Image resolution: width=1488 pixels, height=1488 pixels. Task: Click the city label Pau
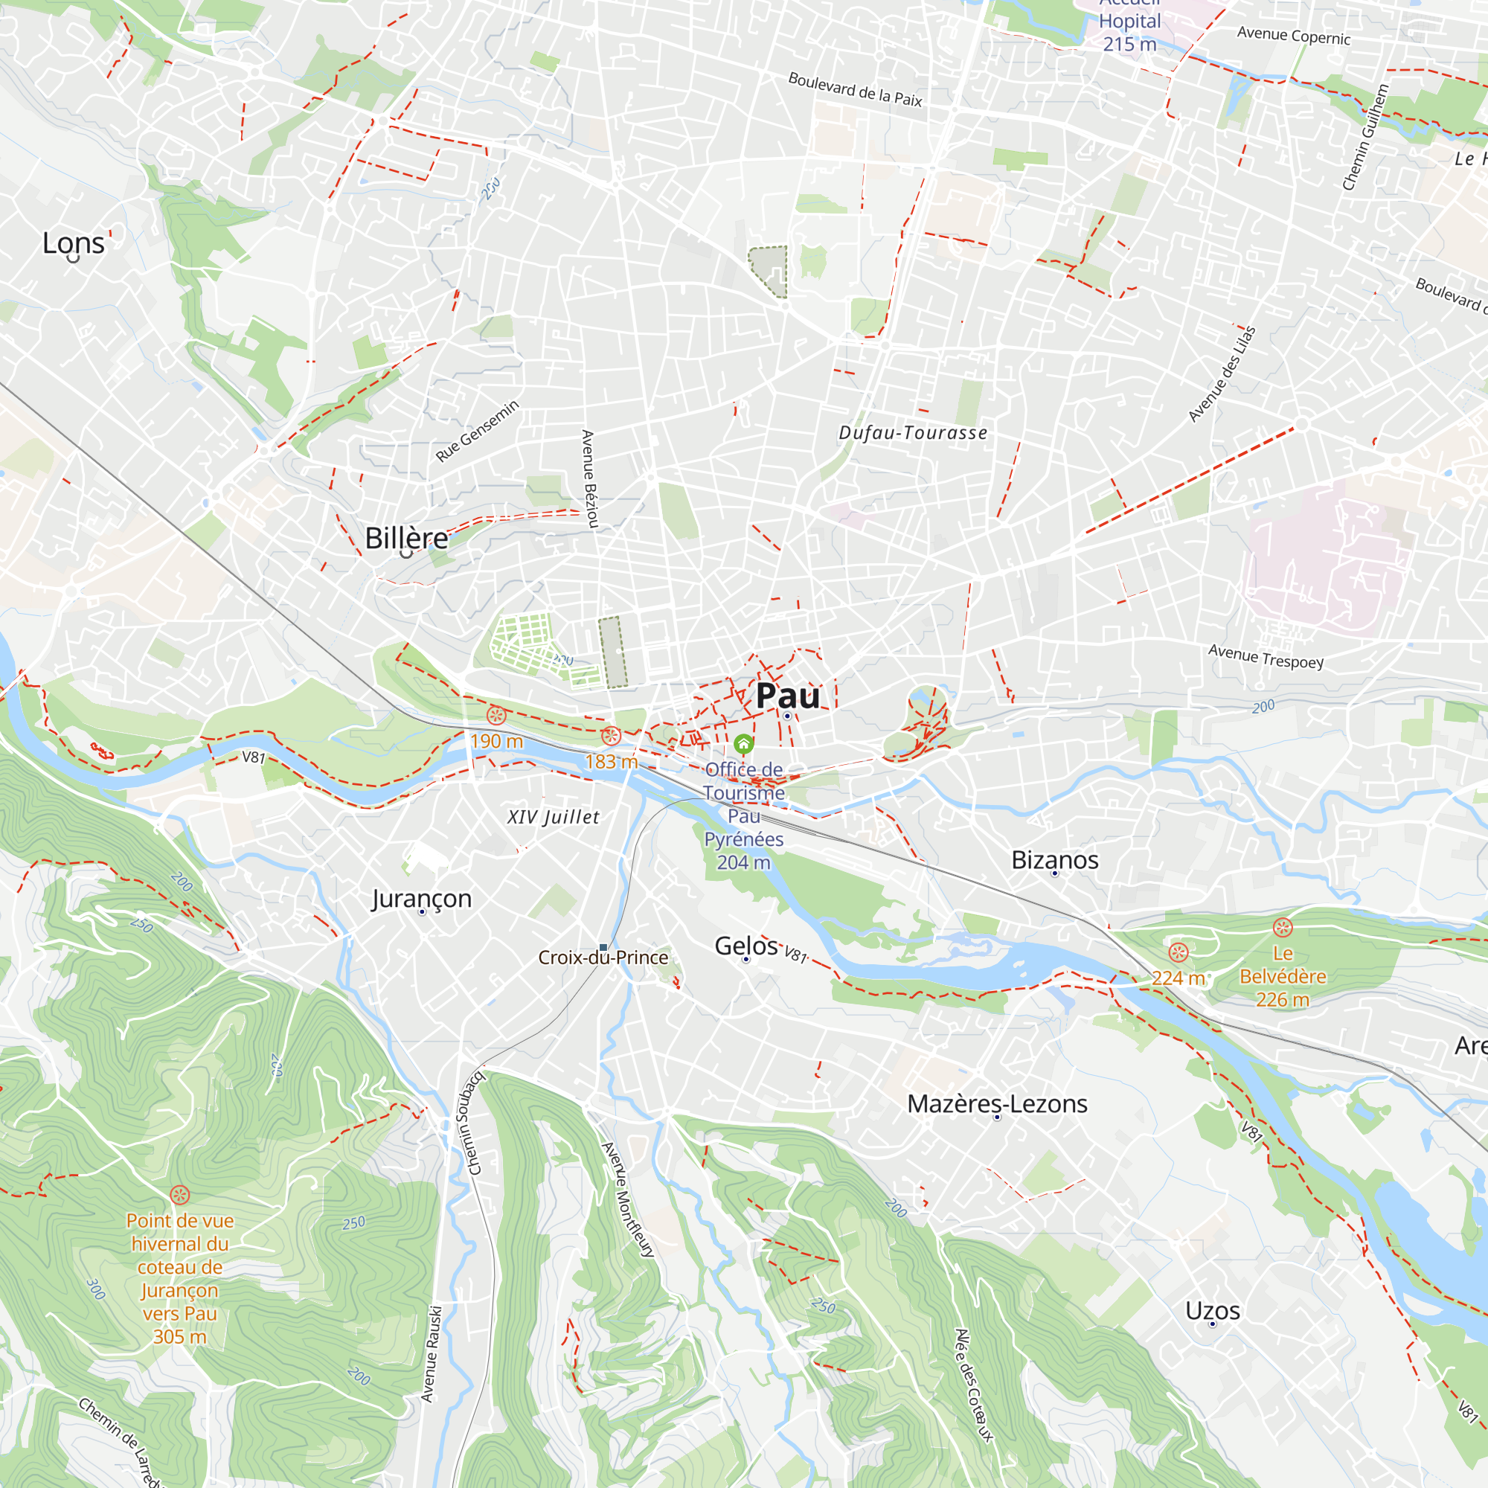(x=787, y=696)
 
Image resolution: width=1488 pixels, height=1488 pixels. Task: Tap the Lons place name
(x=73, y=243)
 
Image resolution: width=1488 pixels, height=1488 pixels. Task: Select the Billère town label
(x=406, y=539)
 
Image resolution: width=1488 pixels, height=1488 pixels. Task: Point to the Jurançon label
(x=421, y=898)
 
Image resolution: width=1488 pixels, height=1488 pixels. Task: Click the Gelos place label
(x=745, y=946)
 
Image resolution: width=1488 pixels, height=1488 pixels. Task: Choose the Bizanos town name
(x=1054, y=859)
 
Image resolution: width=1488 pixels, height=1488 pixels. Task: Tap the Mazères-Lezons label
(x=997, y=1103)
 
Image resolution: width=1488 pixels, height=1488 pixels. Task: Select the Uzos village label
(x=1212, y=1311)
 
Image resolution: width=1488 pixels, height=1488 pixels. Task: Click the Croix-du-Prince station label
(x=603, y=958)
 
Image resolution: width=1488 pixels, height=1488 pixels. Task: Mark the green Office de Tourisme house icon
(x=743, y=744)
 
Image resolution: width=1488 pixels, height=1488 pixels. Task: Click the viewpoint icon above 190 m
(x=496, y=716)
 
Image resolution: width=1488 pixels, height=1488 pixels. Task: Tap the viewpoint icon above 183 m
(x=611, y=736)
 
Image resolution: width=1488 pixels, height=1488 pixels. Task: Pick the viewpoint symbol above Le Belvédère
(x=1283, y=927)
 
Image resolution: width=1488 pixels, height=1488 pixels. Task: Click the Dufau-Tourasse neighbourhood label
(x=913, y=433)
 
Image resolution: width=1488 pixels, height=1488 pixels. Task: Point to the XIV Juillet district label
(x=553, y=817)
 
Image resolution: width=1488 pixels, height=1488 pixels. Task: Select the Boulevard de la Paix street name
(x=855, y=89)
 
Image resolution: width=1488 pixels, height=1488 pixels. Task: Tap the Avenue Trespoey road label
(x=1266, y=656)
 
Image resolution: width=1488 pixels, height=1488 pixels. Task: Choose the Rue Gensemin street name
(x=477, y=432)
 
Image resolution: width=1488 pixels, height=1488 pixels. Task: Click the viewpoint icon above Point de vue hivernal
(x=179, y=1195)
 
